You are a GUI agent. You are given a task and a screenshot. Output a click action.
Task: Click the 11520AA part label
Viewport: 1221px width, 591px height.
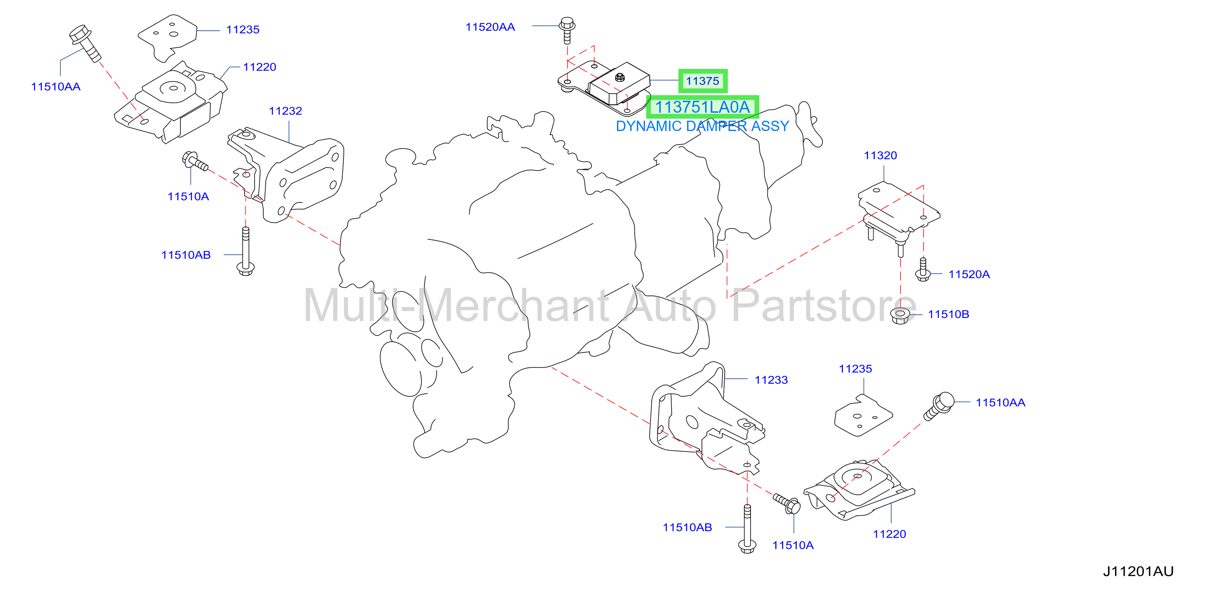click(x=490, y=27)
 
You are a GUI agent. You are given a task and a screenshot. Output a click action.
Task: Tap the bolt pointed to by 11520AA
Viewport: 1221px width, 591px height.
click(x=567, y=30)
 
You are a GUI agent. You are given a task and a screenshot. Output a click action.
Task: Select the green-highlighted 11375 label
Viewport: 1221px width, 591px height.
click(x=702, y=81)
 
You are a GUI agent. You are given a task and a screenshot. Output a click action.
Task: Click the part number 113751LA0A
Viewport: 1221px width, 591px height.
click(x=702, y=107)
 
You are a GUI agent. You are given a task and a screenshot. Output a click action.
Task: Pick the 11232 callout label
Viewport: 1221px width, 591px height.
click(x=285, y=111)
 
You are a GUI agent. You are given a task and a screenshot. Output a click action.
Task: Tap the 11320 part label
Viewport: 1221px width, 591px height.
click(x=880, y=155)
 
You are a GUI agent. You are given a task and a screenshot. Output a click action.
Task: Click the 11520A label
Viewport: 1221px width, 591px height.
click(x=969, y=274)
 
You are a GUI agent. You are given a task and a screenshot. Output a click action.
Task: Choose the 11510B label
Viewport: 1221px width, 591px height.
click(x=948, y=314)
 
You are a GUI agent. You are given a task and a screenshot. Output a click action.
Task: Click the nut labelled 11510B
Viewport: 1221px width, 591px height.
click(x=900, y=316)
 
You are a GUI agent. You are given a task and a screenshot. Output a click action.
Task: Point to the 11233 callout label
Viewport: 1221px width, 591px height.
click(x=771, y=380)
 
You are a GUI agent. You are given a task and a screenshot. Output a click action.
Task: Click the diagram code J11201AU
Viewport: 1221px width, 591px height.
click(x=1138, y=571)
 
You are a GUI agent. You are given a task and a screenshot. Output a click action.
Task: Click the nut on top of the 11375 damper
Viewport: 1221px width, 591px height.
click(x=619, y=77)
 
